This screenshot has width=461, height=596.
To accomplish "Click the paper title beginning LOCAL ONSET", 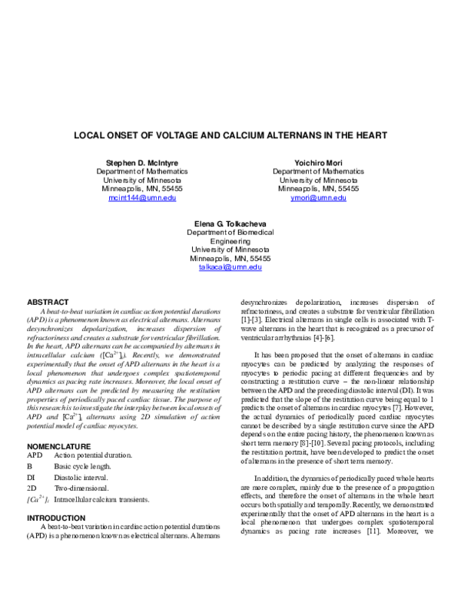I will tap(230, 135).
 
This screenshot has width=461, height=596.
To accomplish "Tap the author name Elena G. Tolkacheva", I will tap(230, 223).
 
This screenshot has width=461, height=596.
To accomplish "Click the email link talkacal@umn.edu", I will tap(230, 267).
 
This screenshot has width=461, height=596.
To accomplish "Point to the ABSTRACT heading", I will tap(48, 302).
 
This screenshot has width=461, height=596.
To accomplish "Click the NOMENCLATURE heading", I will tap(59, 445).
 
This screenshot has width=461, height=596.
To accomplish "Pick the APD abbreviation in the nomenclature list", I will tap(35, 455).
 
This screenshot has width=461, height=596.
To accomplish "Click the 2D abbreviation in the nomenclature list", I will tap(32, 488).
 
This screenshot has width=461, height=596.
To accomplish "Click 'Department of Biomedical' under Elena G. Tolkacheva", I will tap(230, 232).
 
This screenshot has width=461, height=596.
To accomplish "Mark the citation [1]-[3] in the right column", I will tap(254, 319).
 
